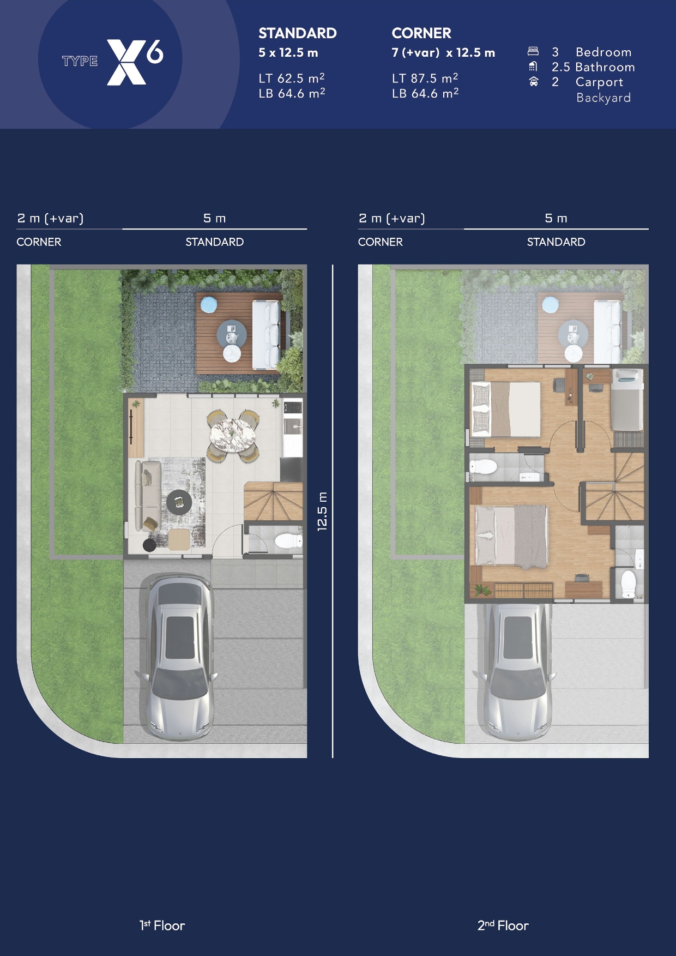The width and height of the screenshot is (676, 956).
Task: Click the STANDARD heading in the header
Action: (298, 33)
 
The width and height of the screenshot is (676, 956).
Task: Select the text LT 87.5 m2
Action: (425, 78)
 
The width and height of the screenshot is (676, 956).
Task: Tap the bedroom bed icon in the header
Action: (533, 51)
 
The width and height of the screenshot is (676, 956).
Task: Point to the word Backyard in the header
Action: (603, 98)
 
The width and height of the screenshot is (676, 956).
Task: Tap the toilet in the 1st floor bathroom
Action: (288, 540)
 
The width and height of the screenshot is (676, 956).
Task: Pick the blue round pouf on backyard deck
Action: (209, 304)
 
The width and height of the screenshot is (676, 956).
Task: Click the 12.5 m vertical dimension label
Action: (322, 511)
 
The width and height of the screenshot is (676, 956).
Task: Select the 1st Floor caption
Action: (162, 925)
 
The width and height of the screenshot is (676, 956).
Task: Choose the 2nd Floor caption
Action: (503, 925)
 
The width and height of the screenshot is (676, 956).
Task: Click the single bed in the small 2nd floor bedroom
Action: (627, 400)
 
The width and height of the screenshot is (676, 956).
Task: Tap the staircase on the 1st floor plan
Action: (273, 501)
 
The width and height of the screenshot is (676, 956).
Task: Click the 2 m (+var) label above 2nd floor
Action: (391, 218)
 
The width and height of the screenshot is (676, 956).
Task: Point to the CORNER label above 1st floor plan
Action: (39, 242)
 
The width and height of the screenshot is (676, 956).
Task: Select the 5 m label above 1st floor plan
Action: (214, 218)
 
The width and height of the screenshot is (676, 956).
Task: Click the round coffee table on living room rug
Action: (179, 502)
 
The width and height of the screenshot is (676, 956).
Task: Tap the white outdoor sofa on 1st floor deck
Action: (266, 334)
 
